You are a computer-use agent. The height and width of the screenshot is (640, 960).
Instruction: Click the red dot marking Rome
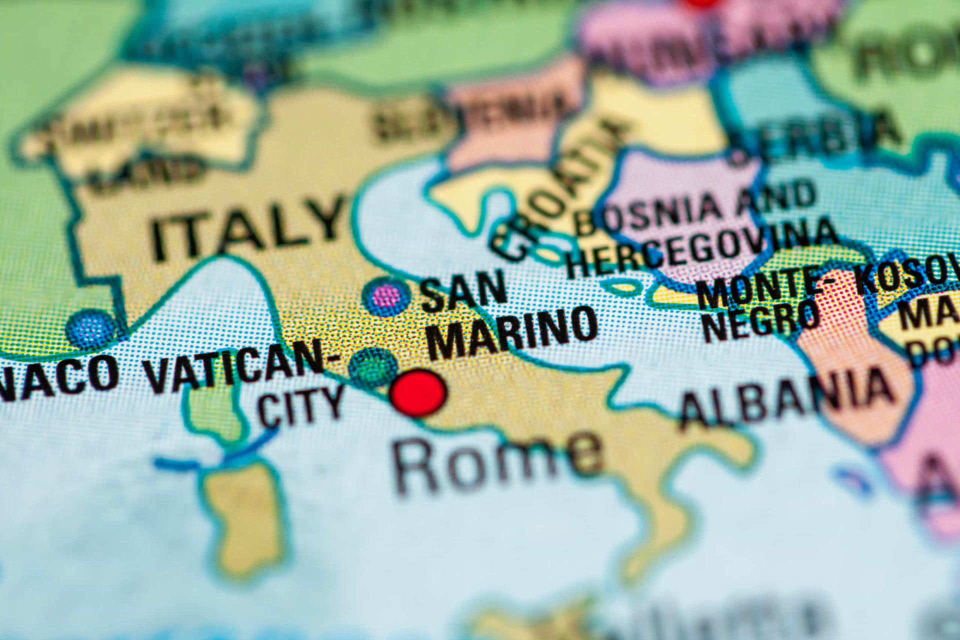(418, 393)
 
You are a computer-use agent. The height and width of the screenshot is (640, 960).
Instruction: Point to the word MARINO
(512, 332)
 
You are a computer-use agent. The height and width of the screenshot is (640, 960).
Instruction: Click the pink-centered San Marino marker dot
(385, 296)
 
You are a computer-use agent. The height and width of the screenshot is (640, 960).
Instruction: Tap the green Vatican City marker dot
(373, 367)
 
